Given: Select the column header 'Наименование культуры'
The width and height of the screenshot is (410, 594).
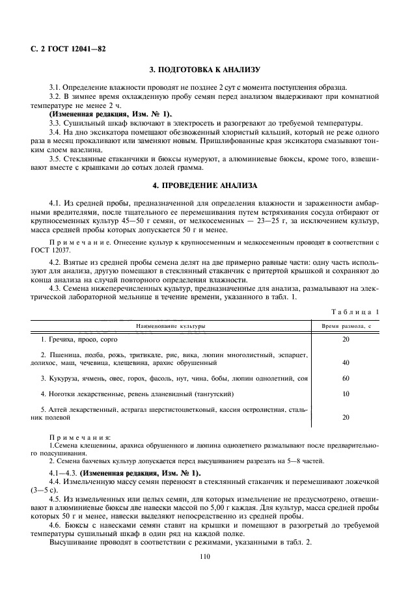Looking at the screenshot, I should (x=170, y=325).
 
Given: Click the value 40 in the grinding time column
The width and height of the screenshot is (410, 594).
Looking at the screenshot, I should (x=346, y=362).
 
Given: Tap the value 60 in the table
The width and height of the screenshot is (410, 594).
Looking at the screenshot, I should (x=346, y=378).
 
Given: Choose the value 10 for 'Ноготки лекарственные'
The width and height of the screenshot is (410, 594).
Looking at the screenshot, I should (x=346, y=394).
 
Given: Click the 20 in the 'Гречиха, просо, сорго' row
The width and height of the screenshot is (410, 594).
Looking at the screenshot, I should (x=346, y=340).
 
